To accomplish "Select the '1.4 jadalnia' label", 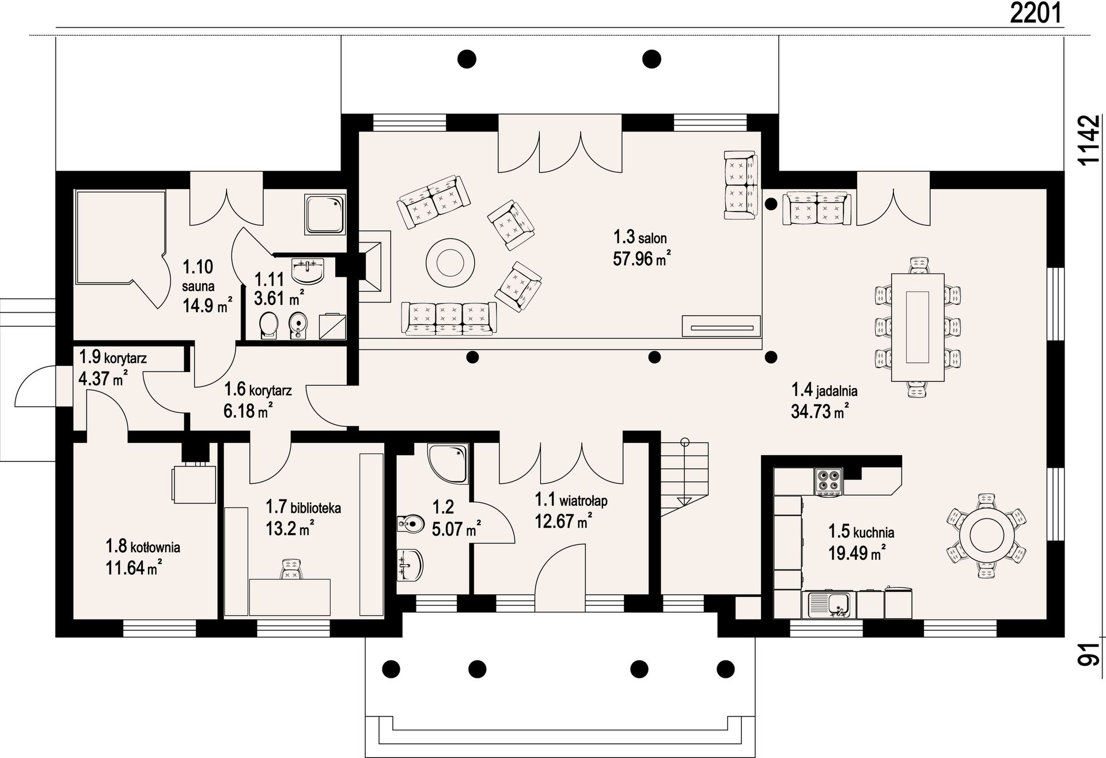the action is coord(824,391).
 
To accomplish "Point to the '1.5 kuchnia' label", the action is coord(861,532).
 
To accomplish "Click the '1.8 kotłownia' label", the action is coord(143,546).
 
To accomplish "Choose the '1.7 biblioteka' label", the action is coord(303,507).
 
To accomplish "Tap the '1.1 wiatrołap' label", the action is coord(571,500).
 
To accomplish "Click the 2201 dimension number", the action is coord(1035,13).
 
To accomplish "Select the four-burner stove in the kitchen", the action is coord(828,482).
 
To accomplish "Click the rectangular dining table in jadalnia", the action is coord(918,327).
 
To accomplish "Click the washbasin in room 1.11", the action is coord(308,271).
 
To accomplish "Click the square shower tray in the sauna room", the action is coord(325,214).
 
